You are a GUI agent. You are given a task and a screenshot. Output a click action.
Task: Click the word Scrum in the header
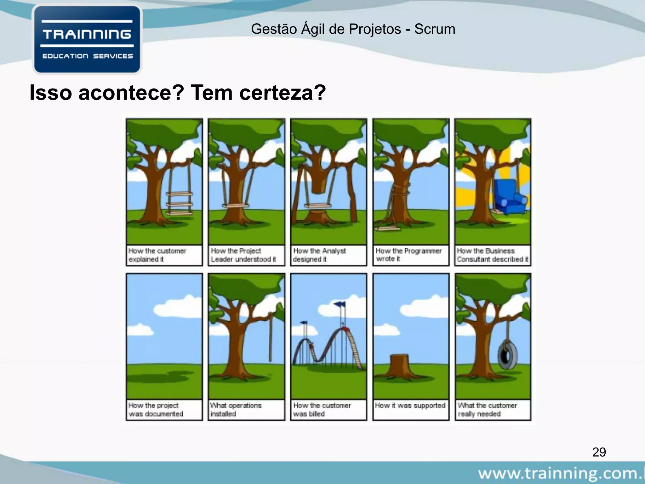(x=434, y=29)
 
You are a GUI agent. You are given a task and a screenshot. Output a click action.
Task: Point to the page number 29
(x=599, y=452)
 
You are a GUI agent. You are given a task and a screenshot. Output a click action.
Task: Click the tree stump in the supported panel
(x=399, y=366)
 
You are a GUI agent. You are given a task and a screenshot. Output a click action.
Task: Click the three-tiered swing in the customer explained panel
(x=180, y=203)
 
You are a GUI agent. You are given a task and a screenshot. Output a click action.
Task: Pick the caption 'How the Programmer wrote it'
(x=408, y=255)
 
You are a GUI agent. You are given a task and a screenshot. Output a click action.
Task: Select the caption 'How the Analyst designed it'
(x=319, y=255)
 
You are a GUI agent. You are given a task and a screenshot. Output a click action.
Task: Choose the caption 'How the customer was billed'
(x=322, y=409)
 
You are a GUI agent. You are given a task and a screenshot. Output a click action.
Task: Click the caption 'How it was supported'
(x=410, y=406)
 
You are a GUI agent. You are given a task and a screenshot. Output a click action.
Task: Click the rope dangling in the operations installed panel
(x=270, y=340)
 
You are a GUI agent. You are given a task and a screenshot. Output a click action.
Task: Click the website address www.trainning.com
(x=561, y=473)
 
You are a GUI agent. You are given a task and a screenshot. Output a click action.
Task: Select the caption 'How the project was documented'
(x=156, y=409)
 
